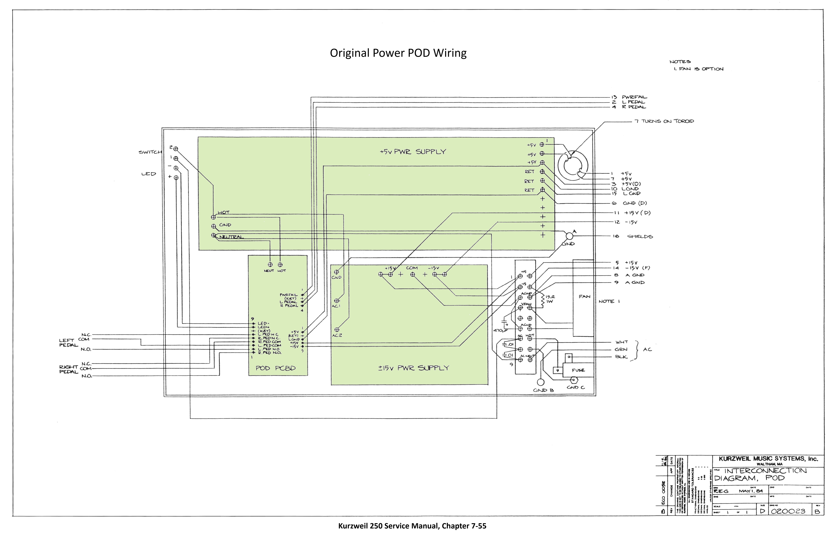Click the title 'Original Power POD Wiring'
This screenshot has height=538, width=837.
[398, 53]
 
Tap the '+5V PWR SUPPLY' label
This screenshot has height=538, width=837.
[413, 152]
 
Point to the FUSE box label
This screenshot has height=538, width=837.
[578, 370]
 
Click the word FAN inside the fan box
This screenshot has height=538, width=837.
[584, 297]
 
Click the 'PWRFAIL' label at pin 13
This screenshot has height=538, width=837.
[634, 97]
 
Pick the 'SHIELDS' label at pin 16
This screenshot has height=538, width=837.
[640, 236]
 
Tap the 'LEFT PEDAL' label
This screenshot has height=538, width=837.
[68, 343]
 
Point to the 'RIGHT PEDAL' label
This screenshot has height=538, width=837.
[68, 369]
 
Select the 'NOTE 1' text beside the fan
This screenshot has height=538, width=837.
[609, 301]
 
